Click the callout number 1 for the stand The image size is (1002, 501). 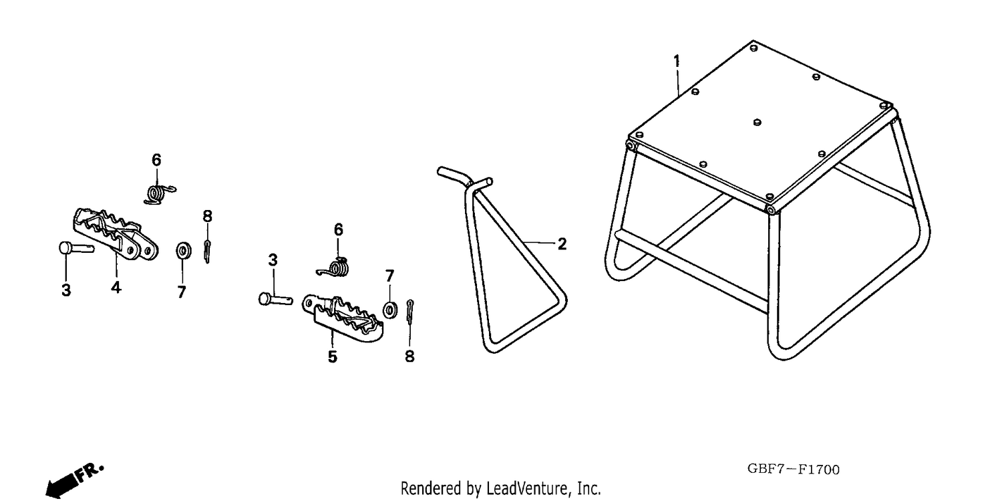pyautogui.click(x=677, y=61)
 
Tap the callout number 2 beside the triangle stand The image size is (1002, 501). pyautogui.click(x=562, y=244)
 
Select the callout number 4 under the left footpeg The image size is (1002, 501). pyautogui.click(x=116, y=287)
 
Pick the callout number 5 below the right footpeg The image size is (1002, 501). pyautogui.click(x=333, y=357)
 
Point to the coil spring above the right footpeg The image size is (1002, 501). pyautogui.click(x=335, y=268)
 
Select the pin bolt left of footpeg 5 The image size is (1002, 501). pyautogui.click(x=275, y=298)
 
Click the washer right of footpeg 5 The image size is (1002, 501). pyautogui.click(x=390, y=310)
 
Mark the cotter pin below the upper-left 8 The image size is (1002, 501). pyautogui.click(x=207, y=252)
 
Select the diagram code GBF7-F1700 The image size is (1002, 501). pyautogui.click(x=793, y=469)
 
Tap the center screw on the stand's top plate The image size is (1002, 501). pyautogui.click(x=757, y=122)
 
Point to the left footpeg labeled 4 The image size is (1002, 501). pyautogui.click(x=115, y=235)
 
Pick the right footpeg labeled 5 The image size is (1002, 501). pyautogui.click(x=343, y=318)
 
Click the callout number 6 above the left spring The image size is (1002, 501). pyautogui.click(x=156, y=160)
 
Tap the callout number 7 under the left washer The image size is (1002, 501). pyautogui.click(x=181, y=292)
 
